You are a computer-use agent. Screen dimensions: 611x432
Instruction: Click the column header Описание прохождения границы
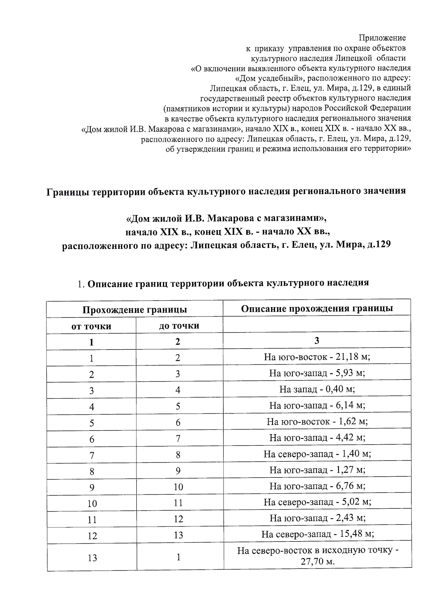point(317,309)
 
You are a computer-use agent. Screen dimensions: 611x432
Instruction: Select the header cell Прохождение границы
point(134,310)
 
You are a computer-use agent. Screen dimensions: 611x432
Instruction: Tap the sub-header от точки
point(91,326)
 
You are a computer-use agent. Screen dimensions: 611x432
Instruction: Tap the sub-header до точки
point(179,326)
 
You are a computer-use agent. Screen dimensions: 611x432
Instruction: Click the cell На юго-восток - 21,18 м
point(317,357)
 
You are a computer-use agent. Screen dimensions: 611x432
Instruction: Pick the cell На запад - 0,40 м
point(317,389)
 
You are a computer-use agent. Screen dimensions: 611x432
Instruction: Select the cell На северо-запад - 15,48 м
point(317,534)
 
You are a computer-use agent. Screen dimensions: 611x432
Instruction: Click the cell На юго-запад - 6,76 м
point(317,486)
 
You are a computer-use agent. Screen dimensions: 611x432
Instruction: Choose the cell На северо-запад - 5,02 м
point(317,502)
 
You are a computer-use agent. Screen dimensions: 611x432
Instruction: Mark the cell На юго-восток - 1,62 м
point(317,422)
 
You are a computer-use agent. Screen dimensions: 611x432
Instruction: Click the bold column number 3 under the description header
point(317,341)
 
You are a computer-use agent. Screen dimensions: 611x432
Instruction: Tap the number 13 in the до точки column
point(179,535)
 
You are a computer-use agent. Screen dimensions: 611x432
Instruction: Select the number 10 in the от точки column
point(92,503)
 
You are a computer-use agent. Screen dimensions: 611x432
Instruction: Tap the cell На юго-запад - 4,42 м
point(317,438)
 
